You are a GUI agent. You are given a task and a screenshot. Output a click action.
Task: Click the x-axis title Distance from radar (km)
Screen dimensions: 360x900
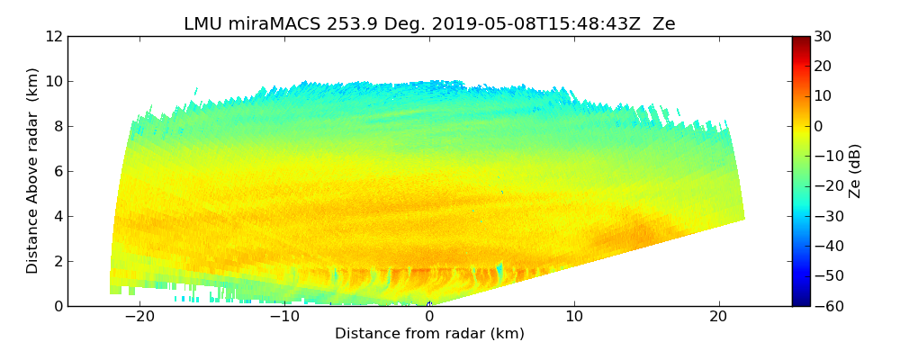(x=429, y=334)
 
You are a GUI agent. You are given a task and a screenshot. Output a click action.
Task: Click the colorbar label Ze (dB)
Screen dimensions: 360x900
(x=855, y=171)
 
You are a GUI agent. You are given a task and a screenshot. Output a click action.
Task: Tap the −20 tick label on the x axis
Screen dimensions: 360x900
(x=139, y=317)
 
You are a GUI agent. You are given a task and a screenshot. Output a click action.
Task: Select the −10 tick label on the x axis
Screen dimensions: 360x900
(x=283, y=317)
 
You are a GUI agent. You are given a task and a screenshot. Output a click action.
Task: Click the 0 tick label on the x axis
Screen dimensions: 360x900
(x=429, y=317)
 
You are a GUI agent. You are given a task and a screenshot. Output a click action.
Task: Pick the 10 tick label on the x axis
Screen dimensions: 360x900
(x=574, y=317)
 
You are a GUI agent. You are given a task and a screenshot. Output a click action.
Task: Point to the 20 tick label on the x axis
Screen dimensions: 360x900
(x=719, y=317)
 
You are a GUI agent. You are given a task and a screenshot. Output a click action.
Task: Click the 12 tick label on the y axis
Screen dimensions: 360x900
(x=54, y=37)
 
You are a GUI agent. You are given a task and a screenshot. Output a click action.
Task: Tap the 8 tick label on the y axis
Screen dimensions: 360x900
(x=58, y=127)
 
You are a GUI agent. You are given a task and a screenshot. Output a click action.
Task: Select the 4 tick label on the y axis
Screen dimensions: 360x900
(x=58, y=217)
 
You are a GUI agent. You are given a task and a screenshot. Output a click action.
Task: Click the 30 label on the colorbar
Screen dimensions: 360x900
(x=823, y=37)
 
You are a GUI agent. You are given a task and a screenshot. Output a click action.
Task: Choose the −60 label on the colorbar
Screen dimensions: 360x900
(x=826, y=306)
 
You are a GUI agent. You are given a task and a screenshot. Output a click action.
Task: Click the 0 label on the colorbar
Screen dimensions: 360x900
(x=819, y=126)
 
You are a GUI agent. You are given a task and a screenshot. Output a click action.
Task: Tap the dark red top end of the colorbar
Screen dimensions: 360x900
(x=800, y=40)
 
